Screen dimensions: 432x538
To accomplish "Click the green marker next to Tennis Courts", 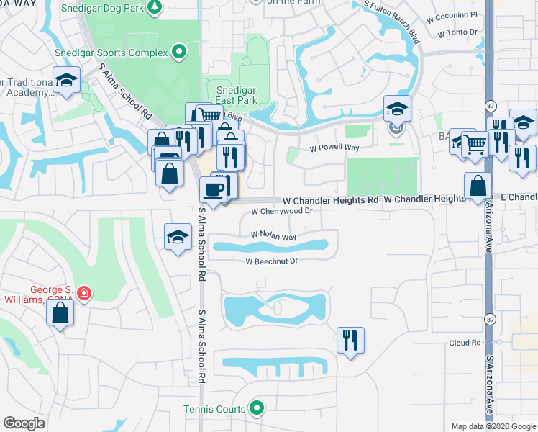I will [257, 409].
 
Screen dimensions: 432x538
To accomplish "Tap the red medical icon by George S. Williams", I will [84, 293].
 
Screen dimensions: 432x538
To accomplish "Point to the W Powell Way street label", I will [334, 148].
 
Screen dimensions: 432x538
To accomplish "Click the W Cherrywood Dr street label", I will [281, 212].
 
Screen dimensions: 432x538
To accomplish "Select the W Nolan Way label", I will [273, 235].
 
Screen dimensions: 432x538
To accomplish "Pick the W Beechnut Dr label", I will [271, 261].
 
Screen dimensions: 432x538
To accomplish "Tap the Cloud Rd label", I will [465, 343].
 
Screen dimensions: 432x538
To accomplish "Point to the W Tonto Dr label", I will [457, 32].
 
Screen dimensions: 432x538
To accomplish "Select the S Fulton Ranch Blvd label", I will [391, 16].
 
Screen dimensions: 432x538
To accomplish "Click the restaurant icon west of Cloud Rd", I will [350, 339].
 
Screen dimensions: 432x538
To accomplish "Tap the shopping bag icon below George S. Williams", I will [60, 313].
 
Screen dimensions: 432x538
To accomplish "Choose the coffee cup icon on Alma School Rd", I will [214, 189].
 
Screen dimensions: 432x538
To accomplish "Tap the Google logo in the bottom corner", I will [24, 423].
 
